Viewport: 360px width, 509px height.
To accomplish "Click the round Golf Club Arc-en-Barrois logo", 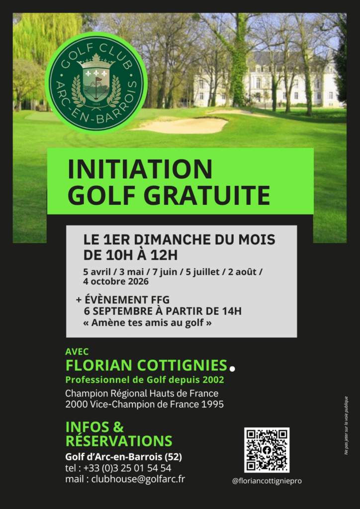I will click(96, 83).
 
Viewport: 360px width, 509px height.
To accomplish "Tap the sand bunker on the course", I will click(181, 125).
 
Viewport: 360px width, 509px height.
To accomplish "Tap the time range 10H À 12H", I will click(140, 255).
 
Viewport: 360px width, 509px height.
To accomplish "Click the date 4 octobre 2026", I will click(116, 281).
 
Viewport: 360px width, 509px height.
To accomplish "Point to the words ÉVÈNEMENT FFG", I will click(127, 300).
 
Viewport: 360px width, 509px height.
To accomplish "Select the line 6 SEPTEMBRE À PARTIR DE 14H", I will click(163, 311).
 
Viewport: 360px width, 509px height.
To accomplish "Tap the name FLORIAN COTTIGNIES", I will click(146, 365).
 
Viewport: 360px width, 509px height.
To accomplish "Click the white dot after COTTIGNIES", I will click(232, 368).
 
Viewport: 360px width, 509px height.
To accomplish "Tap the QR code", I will click(267, 450).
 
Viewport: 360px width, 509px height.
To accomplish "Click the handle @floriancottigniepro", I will click(267, 481).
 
